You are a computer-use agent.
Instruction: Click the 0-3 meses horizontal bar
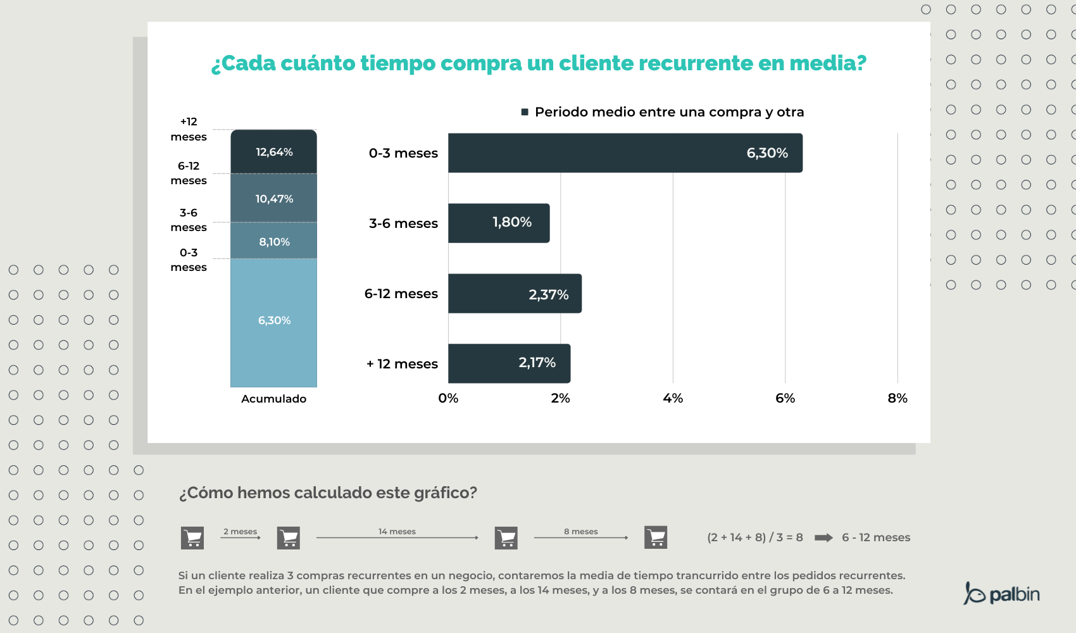[x=625, y=153]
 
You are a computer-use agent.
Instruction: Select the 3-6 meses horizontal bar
[x=498, y=223]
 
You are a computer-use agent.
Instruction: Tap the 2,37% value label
[x=548, y=294]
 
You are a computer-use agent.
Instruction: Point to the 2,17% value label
[x=537, y=363]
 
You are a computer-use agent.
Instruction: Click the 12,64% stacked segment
[x=273, y=152]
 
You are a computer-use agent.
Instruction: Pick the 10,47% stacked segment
[x=273, y=198]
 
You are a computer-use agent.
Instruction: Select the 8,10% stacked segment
[x=273, y=241]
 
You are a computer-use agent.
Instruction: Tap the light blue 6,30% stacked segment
[x=273, y=321]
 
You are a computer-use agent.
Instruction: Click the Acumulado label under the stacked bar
[x=273, y=399]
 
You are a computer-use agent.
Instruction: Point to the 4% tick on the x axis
[x=672, y=398]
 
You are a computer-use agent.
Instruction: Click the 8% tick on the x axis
[x=897, y=398]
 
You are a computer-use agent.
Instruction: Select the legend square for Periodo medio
[x=525, y=112]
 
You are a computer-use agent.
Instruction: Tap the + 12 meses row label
[x=402, y=364]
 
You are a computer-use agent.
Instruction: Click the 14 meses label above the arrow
[x=397, y=531]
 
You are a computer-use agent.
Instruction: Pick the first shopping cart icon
[x=192, y=538]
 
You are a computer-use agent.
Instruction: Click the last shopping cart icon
[x=656, y=537]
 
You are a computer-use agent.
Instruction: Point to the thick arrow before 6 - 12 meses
[x=823, y=537]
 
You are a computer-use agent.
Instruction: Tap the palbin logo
[x=1001, y=594]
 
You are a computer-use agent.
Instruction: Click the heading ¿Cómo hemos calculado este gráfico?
[x=327, y=492]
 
